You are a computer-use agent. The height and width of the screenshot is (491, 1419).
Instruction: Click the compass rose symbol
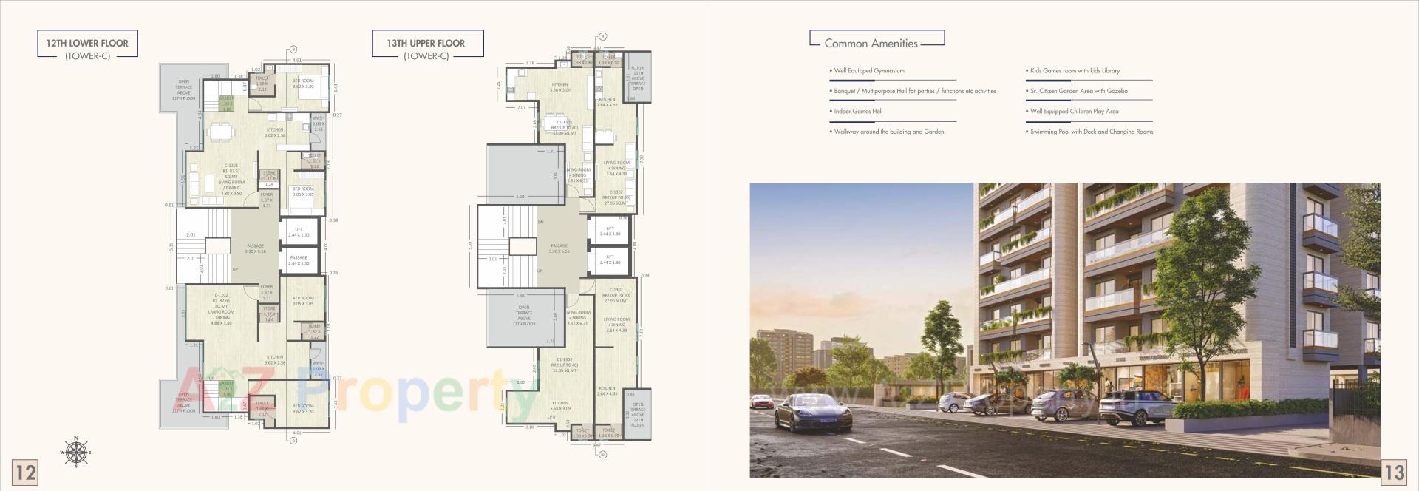(x=75, y=453)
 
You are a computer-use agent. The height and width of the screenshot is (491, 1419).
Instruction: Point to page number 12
(x=26, y=472)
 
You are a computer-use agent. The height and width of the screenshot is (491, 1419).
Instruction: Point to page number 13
(x=1393, y=472)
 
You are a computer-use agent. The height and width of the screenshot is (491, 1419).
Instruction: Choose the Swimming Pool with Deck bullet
(x=1091, y=132)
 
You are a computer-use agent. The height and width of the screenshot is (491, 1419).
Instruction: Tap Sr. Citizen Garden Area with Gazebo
(x=1078, y=91)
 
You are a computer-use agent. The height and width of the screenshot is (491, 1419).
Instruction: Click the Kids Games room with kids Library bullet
(x=1075, y=71)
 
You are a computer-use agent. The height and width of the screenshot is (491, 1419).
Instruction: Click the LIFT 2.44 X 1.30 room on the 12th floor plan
(x=299, y=232)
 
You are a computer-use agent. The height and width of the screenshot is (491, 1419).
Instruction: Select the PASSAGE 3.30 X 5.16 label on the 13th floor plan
(x=559, y=248)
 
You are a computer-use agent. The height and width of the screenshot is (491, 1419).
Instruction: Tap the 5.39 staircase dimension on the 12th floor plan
(x=171, y=246)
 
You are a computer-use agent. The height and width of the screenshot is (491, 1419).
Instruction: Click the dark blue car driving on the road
(x=811, y=413)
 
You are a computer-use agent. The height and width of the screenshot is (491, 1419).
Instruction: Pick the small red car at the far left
(x=760, y=402)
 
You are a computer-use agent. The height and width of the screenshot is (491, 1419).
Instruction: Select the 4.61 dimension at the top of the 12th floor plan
(x=296, y=60)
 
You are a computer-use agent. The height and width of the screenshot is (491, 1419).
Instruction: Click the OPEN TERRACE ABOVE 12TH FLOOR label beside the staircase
(x=523, y=316)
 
